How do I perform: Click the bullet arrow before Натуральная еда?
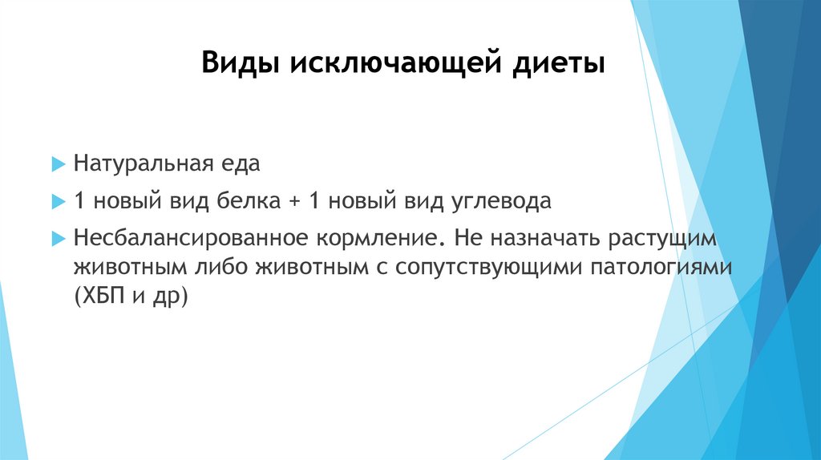[58, 164]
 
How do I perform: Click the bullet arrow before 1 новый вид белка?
[58, 201]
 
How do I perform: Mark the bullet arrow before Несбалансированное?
[58, 239]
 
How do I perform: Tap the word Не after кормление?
[467, 239]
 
